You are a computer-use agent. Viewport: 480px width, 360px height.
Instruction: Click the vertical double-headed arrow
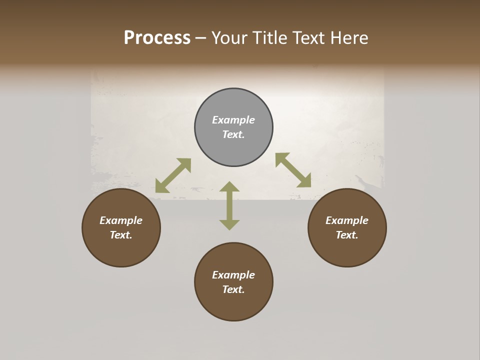tap(229, 205)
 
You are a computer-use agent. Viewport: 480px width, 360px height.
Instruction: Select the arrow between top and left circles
tap(173, 175)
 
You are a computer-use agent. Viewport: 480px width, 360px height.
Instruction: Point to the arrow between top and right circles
tap(293, 170)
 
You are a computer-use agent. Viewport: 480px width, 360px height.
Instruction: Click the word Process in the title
tap(157, 38)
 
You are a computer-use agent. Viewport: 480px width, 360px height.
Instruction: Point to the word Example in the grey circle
tap(233, 120)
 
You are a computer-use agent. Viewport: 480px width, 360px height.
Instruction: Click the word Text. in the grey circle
tap(233, 134)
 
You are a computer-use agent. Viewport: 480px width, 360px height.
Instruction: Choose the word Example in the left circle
tap(121, 220)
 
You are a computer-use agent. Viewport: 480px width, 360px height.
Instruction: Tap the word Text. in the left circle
tap(121, 235)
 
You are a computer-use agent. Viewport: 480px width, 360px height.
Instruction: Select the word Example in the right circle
tap(347, 220)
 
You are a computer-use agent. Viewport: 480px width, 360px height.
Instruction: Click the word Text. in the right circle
tap(347, 235)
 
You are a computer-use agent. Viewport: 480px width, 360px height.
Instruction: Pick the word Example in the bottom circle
tap(233, 275)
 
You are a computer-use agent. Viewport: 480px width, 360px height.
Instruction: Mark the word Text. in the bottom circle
tap(233, 289)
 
